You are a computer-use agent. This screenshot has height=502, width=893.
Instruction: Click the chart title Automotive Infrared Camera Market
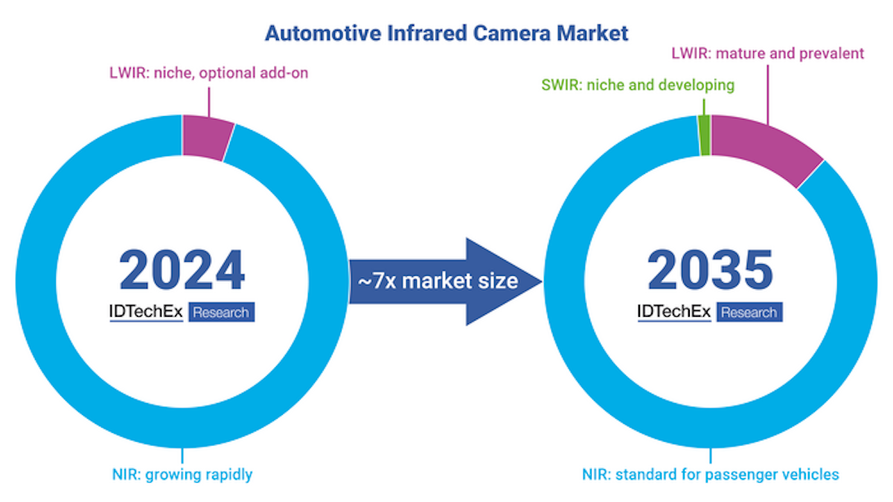click(x=446, y=33)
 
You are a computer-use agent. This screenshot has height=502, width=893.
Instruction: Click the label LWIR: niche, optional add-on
click(x=205, y=73)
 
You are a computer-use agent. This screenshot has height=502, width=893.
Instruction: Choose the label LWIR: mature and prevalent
click(x=767, y=54)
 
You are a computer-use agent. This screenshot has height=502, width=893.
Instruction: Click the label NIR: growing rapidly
click(x=181, y=474)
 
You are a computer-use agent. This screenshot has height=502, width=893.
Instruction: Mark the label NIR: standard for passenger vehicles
click(x=711, y=474)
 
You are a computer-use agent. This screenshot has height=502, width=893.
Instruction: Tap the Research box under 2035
click(x=749, y=312)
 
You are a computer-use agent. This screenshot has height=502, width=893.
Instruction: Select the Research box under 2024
click(x=222, y=312)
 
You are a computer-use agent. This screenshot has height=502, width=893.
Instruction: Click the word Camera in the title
click(x=509, y=33)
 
